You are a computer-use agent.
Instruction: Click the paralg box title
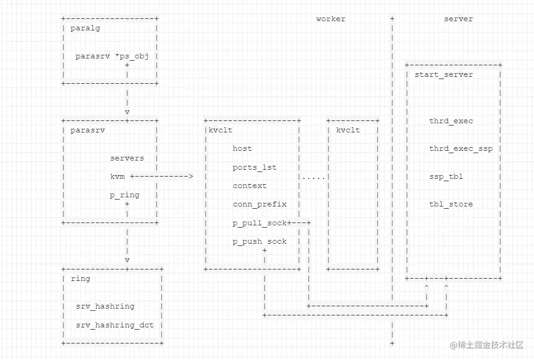pyautogui.click(x=85, y=28)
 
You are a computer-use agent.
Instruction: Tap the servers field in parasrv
pyautogui.click(x=127, y=158)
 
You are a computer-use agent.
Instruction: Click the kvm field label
pyautogui.click(x=117, y=177)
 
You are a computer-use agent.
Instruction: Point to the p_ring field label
pyautogui.click(x=124, y=195)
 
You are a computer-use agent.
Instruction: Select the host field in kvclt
pyautogui.click(x=242, y=149)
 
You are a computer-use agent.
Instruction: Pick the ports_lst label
pyautogui.click(x=254, y=167)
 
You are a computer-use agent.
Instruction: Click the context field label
pyautogui.click(x=249, y=186)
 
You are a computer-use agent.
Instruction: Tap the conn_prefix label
pyautogui.click(x=259, y=204)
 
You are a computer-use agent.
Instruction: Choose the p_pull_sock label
pyautogui.click(x=259, y=223)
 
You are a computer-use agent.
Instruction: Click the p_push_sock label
pyautogui.click(x=259, y=241)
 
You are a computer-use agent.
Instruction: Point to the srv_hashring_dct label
pyautogui.click(x=115, y=325)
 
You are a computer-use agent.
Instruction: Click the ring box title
pyautogui.click(x=80, y=279)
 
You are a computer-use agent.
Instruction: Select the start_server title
pyautogui.click(x=443, y=74)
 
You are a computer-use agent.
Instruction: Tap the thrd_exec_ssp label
pyautogui.click(x=460, y=149)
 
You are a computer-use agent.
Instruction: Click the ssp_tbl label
pyautogui.click(x=446, y=177)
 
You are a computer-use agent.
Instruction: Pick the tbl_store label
pyautogui.click(x=451, y=204)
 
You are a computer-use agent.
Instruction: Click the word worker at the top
pyautogui.click(x=330, y=19)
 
